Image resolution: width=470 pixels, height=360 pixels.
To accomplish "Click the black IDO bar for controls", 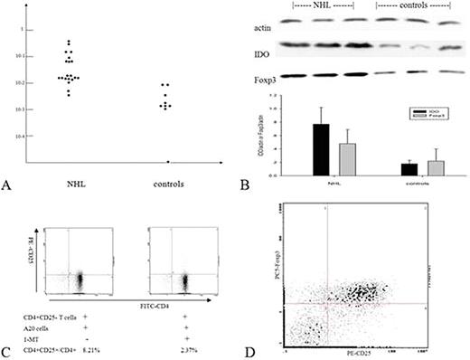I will (409, 168).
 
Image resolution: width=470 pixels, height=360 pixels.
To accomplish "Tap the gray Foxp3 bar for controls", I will (435, 166).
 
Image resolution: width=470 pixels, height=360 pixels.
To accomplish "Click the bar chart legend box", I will (424, 118).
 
